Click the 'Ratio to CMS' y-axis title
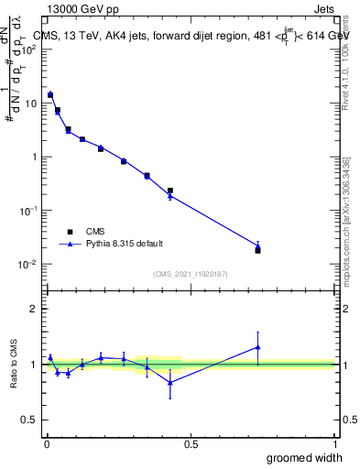pyautogui.click(x=14, y=365)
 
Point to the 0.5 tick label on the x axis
pyautogui.click(x=191, y=442)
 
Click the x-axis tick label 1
pyautogui.click(x=334, y=442)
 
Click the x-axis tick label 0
pyautogui.click(x=47, y=442)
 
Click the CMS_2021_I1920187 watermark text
pyautogui.click(x=191, y=275)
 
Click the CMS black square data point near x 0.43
pyautogui.click(x=170, y=191)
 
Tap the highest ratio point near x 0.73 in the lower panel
pyautogui.click(x=257, y=347)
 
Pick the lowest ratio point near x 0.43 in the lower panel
pyautogui.click(x=170, y=383)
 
